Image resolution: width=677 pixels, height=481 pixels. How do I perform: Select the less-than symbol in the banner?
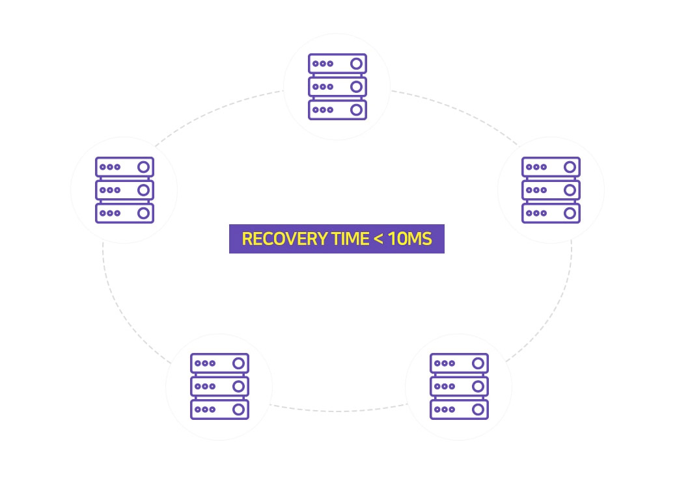click(378, 239)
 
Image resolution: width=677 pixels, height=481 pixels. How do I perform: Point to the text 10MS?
click(409, 239)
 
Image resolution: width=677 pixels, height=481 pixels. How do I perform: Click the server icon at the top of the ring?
click(337, 86)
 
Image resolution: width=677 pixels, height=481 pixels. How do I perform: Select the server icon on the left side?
click(124, 190)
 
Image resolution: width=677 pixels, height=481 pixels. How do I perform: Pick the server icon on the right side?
click(551, 190)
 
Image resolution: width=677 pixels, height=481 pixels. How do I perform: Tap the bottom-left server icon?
click(220, 387)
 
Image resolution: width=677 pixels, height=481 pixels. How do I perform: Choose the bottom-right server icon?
click(459, 387)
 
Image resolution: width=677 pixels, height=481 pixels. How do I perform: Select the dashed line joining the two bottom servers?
click(338, 411)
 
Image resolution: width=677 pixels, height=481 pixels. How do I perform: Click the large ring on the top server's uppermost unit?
click(356, 64)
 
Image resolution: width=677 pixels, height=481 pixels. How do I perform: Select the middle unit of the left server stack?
click(124, 190)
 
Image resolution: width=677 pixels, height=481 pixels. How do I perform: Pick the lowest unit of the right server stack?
click(551, 213)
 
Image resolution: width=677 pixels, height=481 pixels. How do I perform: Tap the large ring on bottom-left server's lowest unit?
click(239, 409)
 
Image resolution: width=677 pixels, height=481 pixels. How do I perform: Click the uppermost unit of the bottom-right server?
click(459, 363)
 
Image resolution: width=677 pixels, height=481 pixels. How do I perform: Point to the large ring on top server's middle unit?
click(356, 86)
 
